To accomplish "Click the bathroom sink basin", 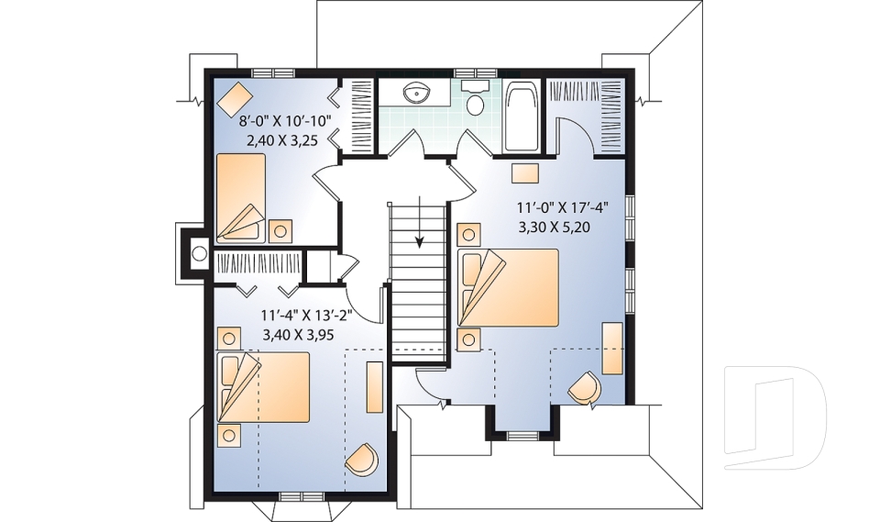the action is click(417, 94).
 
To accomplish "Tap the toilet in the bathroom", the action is click(476, 98).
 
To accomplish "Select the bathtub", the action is click(522, 117).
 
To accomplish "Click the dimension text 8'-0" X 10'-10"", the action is click(286, 121).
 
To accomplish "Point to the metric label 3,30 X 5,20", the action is click(555, 227).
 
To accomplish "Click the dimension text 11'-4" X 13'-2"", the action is click(306, 315).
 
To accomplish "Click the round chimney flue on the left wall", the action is click(199, 253).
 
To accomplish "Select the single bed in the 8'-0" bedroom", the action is click(241, 198).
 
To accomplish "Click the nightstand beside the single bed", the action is click(280, 231).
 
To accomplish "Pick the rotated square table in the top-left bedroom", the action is click(235, 99).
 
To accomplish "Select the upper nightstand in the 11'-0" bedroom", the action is click(469, 234).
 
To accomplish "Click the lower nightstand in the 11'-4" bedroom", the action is click(229, 435).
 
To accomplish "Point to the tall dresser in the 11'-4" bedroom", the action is click(374, 387).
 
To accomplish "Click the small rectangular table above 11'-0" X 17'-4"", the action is click(524, 173).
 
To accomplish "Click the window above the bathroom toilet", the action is click(476, 72).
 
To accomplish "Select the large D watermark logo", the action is click(775, 416).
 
